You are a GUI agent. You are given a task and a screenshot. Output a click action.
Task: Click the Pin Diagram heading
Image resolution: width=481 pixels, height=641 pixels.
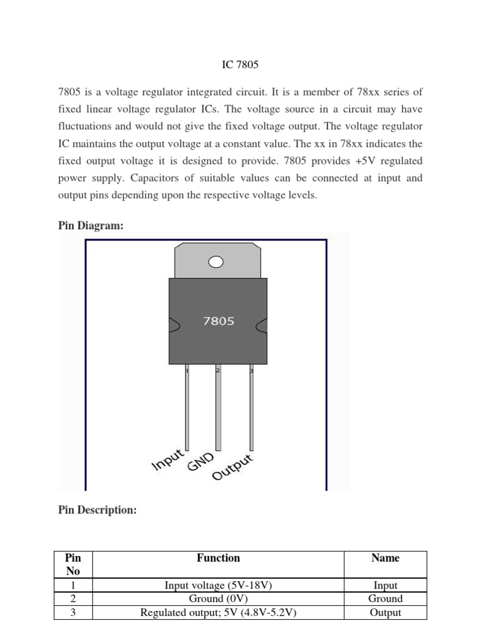point(91,226)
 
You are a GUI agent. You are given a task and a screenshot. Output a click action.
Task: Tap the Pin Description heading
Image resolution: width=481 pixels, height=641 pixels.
point(97,510)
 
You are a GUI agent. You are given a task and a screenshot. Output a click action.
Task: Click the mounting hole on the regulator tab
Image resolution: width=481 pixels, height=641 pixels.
point(216,261)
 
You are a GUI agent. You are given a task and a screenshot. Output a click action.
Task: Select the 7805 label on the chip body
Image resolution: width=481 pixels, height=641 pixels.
point(219,321)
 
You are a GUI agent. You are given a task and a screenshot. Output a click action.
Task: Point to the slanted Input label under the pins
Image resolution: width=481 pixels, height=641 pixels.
point(168,459)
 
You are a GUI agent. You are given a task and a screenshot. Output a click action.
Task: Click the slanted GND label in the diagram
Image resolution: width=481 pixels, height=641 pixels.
point(201,463)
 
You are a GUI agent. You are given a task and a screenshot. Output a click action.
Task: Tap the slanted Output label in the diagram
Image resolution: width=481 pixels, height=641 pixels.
point(233,467)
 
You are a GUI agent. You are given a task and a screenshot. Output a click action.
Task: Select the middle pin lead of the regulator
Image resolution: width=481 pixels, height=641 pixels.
point(218,407)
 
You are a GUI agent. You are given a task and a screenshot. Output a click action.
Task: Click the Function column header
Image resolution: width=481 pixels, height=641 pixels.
point(218,558)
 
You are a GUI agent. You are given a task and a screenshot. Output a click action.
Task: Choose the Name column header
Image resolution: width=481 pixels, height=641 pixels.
point(385,558)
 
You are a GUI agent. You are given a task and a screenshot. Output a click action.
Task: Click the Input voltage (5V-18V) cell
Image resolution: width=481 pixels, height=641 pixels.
point(218,585)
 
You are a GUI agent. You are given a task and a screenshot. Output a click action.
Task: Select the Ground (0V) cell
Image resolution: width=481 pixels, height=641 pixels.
point(218,598)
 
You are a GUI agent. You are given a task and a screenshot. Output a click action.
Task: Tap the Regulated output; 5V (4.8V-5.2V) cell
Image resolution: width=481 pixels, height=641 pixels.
point(218,612)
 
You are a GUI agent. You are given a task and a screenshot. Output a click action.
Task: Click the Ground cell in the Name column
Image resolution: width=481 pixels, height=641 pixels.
point(385,598)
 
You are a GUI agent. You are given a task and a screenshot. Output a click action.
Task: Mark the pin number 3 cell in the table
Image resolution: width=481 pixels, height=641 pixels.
point(73,612)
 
